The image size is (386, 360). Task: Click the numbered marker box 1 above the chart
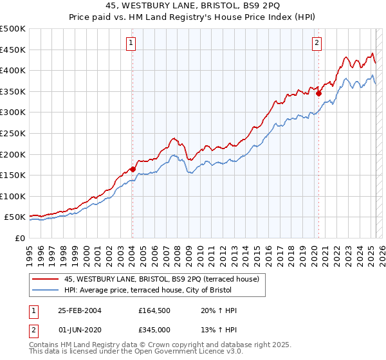[x=131, y=43]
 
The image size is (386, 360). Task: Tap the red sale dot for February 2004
[x=133, y=169]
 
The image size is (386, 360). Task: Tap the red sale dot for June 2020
[x=318, y=93]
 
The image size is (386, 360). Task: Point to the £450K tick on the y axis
[x=13, y=50]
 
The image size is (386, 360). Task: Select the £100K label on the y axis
[x=13, y=196]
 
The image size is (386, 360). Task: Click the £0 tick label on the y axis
[x=20, y=239]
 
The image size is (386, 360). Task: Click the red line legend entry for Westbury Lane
[x=161, y=279]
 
